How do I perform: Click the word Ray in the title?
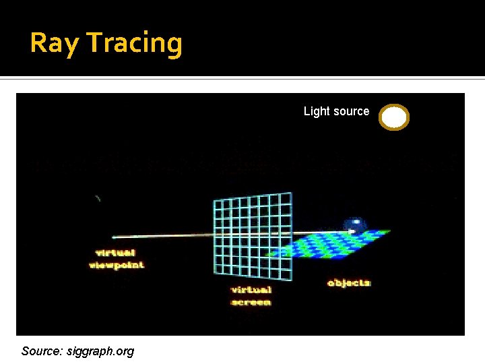pos(55,43)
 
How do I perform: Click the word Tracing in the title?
pos(134,43)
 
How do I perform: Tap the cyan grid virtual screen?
pos(253,236)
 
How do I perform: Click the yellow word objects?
pos(349,283)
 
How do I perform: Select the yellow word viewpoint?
pos(116,266)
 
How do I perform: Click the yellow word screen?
pos(251,302)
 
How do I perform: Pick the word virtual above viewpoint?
pos(116,253)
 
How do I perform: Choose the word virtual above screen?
pos(251,290)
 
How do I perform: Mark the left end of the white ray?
pos(113,237)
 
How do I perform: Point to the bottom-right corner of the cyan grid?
pos(292,280)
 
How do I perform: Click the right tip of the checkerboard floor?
pos(389,232)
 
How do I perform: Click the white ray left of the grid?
pos(162,236)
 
